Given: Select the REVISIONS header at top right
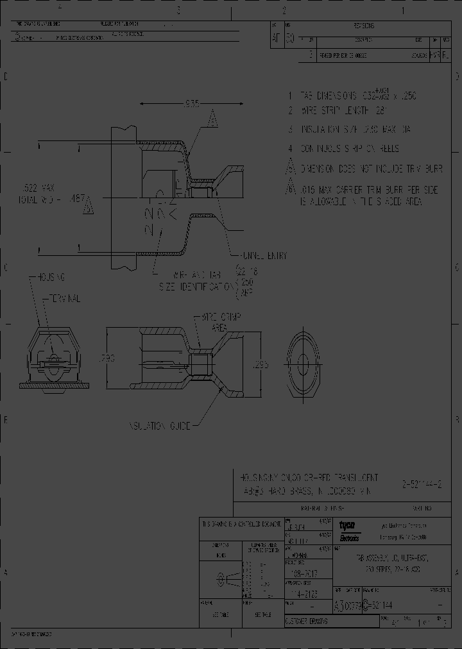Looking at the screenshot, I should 364,26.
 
